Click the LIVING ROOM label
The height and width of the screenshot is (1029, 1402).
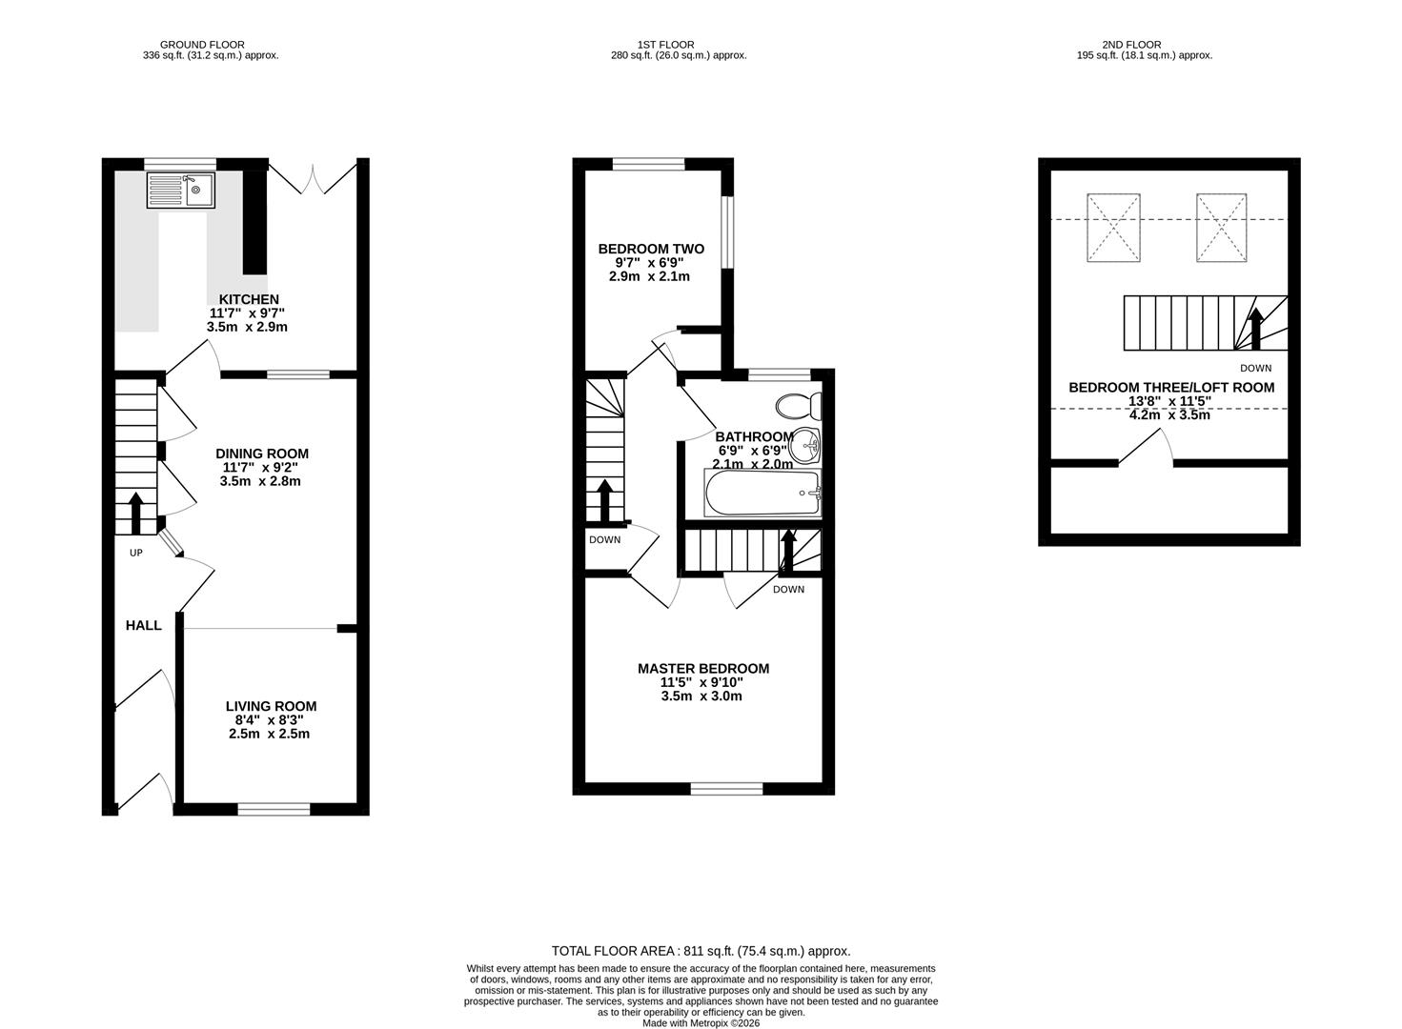click(x=271, y=706)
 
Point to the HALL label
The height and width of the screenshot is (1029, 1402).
click(x=144, y=626)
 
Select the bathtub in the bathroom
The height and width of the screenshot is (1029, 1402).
click(x=762, y=494)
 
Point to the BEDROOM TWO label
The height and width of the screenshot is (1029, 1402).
click(x=651, y=249)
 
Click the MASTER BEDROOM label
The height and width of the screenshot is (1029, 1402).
click(x=703, y=669)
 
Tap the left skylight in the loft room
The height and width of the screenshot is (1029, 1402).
click(x=1113, y=228)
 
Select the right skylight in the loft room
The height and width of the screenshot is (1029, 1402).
click(x=1222, y=228)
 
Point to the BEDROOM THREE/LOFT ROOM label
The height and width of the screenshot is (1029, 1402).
click(x=1171, y=388)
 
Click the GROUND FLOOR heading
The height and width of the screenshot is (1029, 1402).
click(x=202, y=45)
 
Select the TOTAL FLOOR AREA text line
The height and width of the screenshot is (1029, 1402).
click(x=701, y=951)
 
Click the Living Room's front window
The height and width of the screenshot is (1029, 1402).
click(x=274, y=810)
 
